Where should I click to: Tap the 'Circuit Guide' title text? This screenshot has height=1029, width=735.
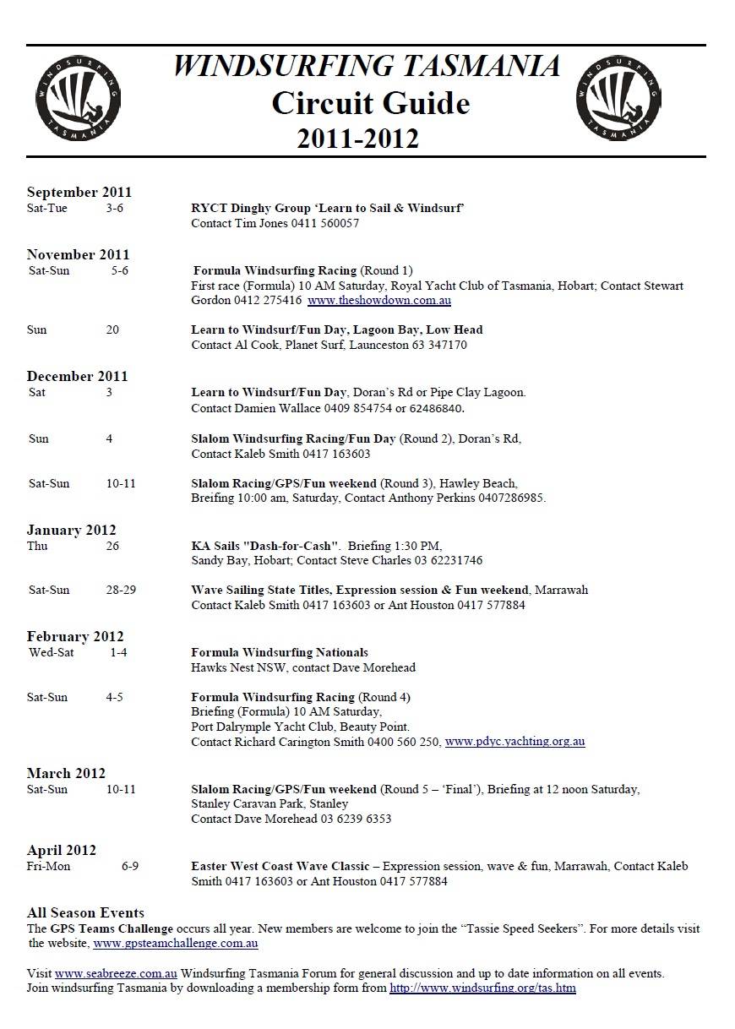coord(370,103)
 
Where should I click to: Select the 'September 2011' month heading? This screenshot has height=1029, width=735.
coord(79,192)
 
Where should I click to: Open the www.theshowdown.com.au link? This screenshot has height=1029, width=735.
coord(379,300)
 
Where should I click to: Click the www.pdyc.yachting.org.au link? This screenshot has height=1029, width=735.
coord(514,742)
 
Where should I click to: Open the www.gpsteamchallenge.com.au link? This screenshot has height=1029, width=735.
coord(176,943)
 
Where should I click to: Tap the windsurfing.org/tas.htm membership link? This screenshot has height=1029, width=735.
coord(482,988)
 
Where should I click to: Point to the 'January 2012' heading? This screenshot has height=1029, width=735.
coord(71,530)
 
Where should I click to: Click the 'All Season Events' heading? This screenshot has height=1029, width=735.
coord(85,912)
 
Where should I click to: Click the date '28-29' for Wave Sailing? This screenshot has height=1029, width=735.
coord(121,590)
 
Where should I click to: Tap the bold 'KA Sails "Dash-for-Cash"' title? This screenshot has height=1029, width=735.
coord(265,546)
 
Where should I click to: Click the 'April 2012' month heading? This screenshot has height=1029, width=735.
coord(62,850)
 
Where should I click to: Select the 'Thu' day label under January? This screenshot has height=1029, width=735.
coord(37,546)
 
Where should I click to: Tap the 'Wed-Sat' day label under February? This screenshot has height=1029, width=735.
coord(51,652)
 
